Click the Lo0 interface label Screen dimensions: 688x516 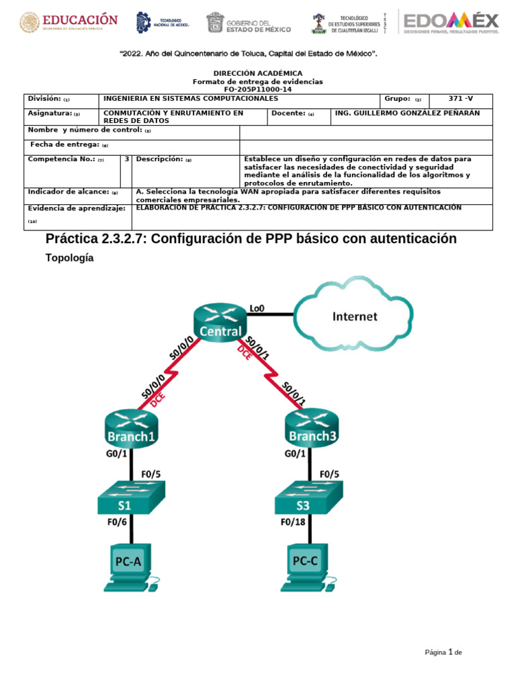[x=257, y=308]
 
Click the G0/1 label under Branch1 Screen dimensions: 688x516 [x=117, y=454]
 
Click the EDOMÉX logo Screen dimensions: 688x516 [x=451, y=21]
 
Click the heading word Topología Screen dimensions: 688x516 [x=69, y=257]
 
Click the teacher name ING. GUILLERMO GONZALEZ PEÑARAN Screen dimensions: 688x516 [x=408, y=113]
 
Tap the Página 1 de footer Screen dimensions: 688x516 [x=443, y=652]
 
